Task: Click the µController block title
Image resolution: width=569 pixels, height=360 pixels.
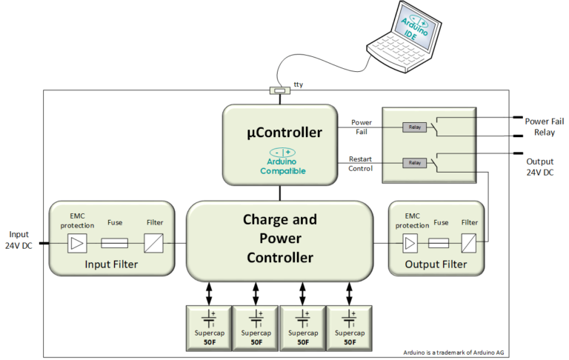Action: (279, 133)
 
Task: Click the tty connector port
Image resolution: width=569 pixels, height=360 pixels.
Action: (279, 91)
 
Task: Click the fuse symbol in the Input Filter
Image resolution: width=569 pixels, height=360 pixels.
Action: (115, 242)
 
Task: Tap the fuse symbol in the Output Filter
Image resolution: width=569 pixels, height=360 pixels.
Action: (439, 242)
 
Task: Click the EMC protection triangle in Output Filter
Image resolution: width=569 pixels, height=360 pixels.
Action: (410, 242)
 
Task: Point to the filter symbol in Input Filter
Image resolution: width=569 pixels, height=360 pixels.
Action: (154, 242)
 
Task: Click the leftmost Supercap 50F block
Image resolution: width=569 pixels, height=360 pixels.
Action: (208, 327)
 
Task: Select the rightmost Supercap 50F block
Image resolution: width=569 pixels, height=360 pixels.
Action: (348, 327)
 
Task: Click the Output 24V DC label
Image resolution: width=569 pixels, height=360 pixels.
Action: (539, 167)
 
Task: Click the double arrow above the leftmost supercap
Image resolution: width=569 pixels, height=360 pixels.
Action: (209, 292)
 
